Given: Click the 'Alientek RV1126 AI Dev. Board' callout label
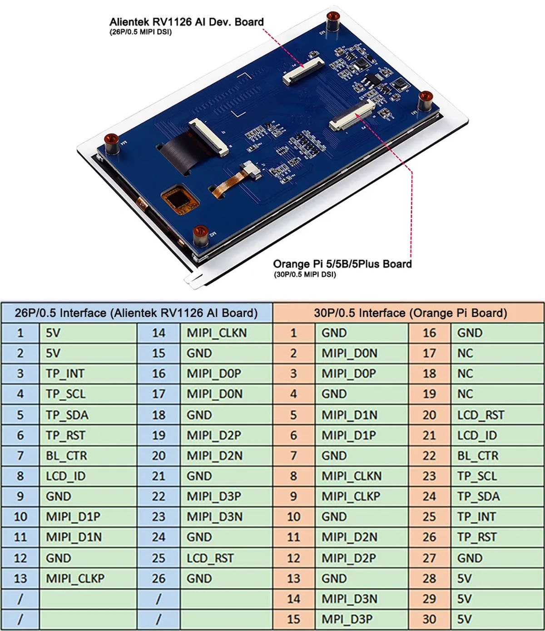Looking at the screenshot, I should [186, 22].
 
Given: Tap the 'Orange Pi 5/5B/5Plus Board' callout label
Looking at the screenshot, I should [342, 264].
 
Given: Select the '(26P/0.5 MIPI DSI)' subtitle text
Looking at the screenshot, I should [140, 32].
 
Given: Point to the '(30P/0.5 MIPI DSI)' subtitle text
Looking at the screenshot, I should [305, 274].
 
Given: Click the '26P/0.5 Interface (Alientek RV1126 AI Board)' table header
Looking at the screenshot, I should [136, 313].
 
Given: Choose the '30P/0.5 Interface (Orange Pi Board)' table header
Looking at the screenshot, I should [410, 313].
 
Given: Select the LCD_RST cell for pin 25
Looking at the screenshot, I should [210, 558].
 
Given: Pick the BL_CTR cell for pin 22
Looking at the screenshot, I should [477, 456].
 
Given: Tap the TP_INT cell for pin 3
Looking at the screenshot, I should [65, 373].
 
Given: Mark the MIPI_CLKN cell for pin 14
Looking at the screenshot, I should [216, 333].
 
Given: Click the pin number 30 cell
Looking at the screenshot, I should [429, 619].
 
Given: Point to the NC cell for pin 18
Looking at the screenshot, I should [465, 373].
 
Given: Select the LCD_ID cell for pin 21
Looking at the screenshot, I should [477, 435].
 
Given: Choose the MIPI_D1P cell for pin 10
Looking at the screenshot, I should [73, 517].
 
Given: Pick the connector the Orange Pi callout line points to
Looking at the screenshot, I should [352, 115].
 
